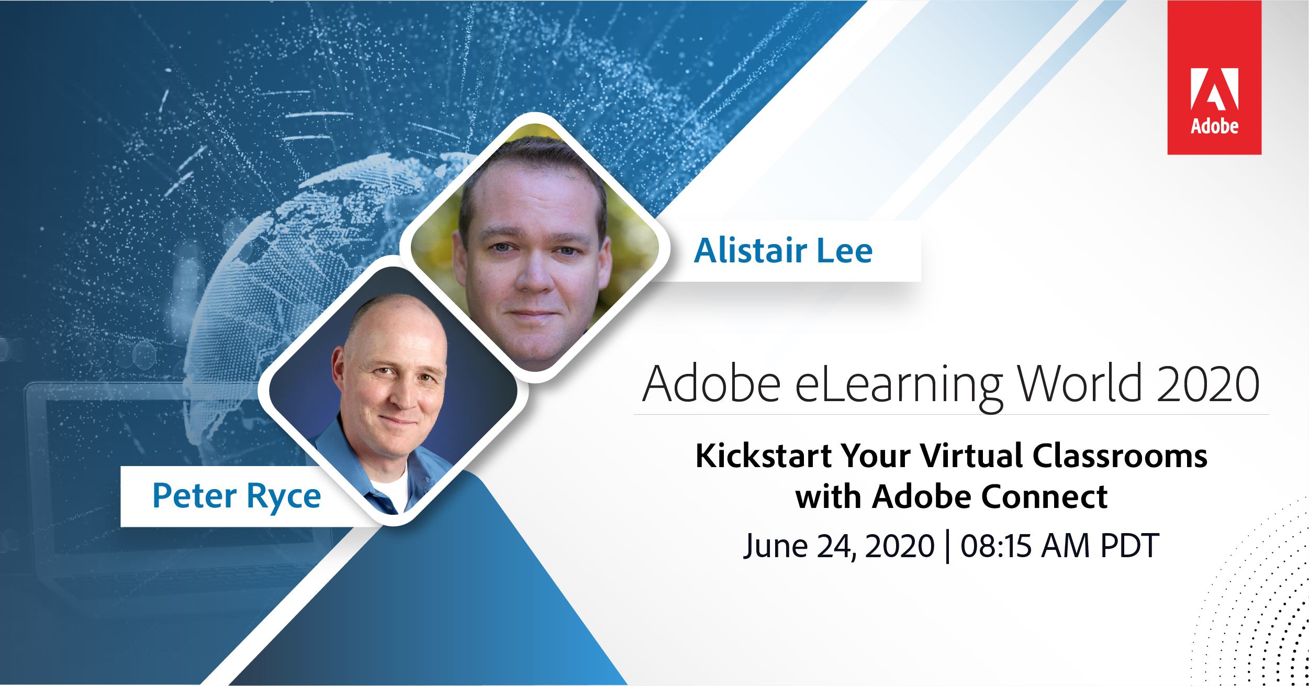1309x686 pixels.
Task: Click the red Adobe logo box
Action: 1214,78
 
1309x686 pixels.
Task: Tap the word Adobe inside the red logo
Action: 1215,126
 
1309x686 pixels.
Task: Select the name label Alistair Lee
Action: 784,250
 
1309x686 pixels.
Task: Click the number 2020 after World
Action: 1209,384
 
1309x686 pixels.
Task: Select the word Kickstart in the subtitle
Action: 764,455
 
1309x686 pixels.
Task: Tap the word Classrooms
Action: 1120,455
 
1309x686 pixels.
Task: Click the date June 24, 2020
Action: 839,546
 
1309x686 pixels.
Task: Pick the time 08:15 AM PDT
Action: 1060,546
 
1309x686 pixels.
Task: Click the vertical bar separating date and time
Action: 948,547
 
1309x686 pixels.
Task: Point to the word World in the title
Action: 1079,384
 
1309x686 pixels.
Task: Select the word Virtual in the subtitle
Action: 970,455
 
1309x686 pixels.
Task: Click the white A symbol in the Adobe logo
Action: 1214,89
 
